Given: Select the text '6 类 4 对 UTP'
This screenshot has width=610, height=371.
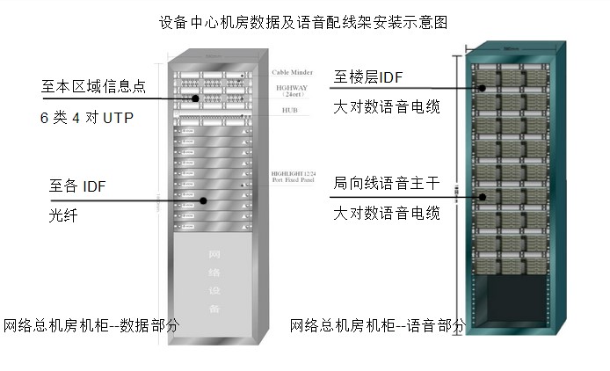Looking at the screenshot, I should point(86,117).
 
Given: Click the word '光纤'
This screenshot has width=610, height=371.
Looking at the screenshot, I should point(63,215).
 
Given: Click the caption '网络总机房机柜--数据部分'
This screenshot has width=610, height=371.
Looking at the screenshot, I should point(91,325).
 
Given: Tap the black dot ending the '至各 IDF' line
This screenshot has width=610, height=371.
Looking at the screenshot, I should point(204,200).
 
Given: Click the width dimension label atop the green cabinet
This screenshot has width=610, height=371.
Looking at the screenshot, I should point(509,47).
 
